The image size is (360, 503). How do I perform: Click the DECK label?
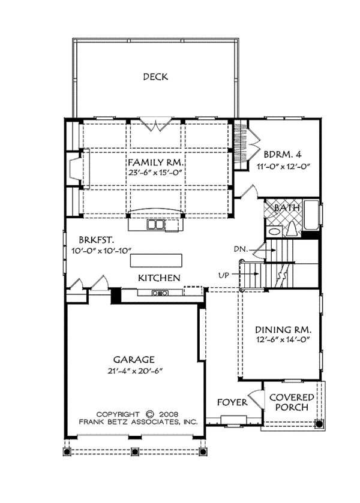[x=155, y=77]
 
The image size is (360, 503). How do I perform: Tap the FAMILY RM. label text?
[x=155, y=162]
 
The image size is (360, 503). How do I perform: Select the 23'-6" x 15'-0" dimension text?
[x=155, y=173]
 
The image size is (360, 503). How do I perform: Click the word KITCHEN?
[x=159, y=278]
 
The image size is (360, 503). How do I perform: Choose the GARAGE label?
[x=134, y=360]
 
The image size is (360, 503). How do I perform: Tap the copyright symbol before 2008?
[x=150, y=414]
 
